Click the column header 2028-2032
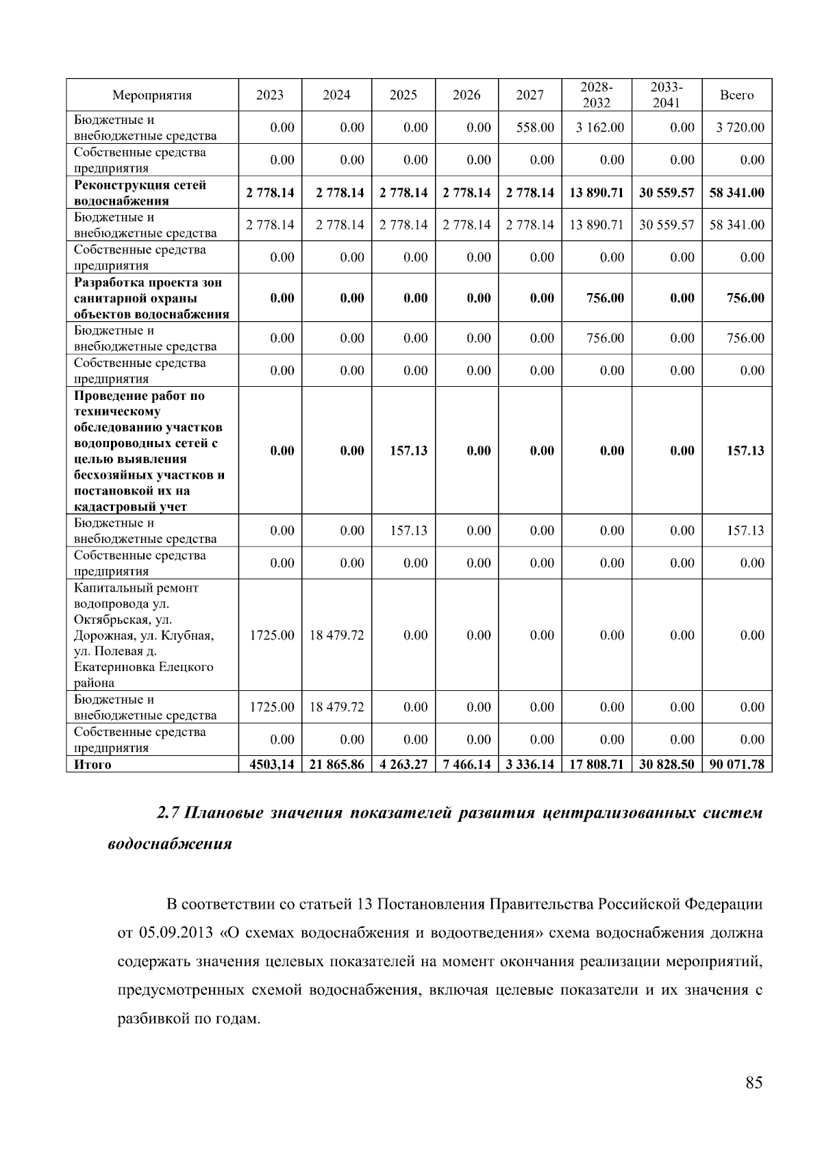click(596, 95)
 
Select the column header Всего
click(736, 95)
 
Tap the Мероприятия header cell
click(152, 95)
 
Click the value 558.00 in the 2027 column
click(535, 127)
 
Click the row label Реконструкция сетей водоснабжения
click(140, 192)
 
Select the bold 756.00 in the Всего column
click(745, 298)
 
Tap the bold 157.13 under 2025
click(408, 451)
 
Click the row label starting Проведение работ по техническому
click(149, 451)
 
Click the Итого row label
click(92, 764)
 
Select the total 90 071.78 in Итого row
click(736, 764)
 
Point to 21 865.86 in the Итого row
click(336, 764)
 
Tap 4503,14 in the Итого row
click(272, 764)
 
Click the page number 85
click(754, 1083)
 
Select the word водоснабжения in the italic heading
click(170, 844)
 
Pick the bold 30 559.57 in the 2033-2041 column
click(667, 192)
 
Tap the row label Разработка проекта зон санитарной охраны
click(151, 298)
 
